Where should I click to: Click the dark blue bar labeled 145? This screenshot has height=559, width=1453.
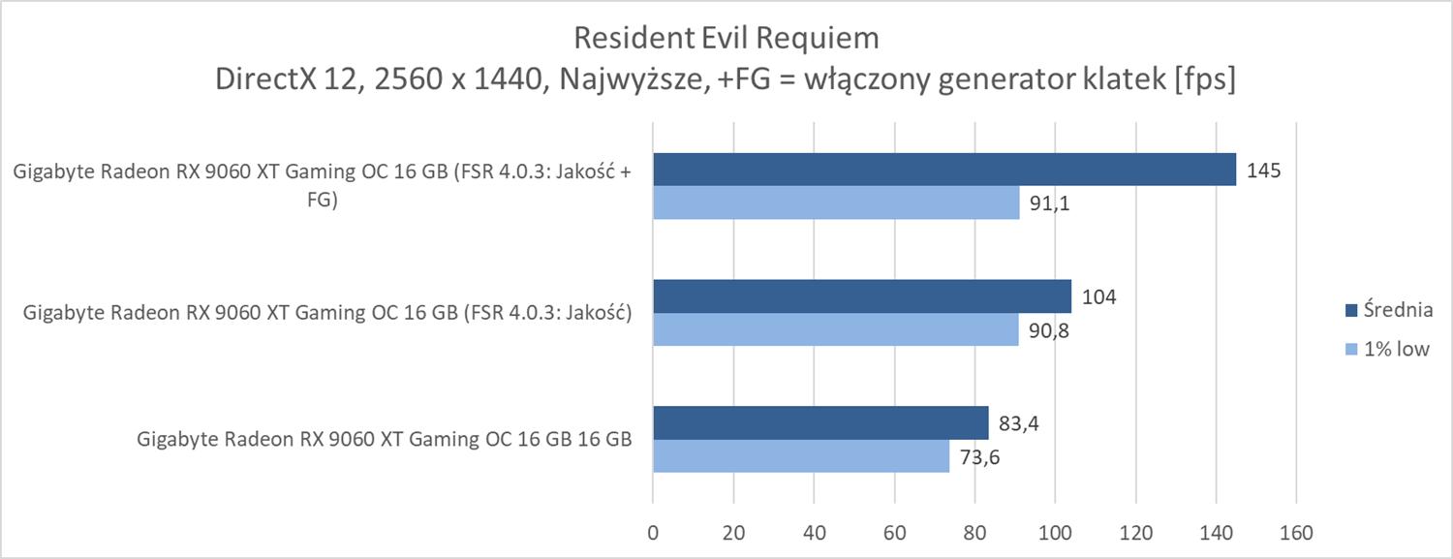[x=944, y=170]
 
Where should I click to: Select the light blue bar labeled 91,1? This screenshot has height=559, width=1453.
[x=836, y=202]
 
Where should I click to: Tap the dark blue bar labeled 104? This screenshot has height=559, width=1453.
[x=862, y=296]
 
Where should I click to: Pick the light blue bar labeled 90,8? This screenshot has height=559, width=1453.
[x=835, y=328]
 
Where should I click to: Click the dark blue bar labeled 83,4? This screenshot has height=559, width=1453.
[x=820, y=422]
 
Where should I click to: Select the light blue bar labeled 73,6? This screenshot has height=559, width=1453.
[x=801, y=455]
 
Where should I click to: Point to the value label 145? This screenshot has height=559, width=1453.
[x=1264, y=171]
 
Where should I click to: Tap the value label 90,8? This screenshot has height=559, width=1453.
[x=1046, y=329]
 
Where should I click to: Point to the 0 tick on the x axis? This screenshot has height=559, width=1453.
[x=653, y=533]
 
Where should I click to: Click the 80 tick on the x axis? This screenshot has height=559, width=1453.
[x=974, y=533]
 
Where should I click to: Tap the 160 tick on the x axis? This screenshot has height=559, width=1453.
[x=1296, y=533]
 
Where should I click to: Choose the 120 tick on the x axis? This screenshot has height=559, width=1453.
[x=1135, y=533]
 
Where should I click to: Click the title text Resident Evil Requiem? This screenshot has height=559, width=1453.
[x=726, y=38]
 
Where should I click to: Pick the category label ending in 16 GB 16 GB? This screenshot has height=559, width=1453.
[x=386, y=439]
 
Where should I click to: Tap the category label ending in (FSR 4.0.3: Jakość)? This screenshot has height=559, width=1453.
[x=327, y=313]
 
